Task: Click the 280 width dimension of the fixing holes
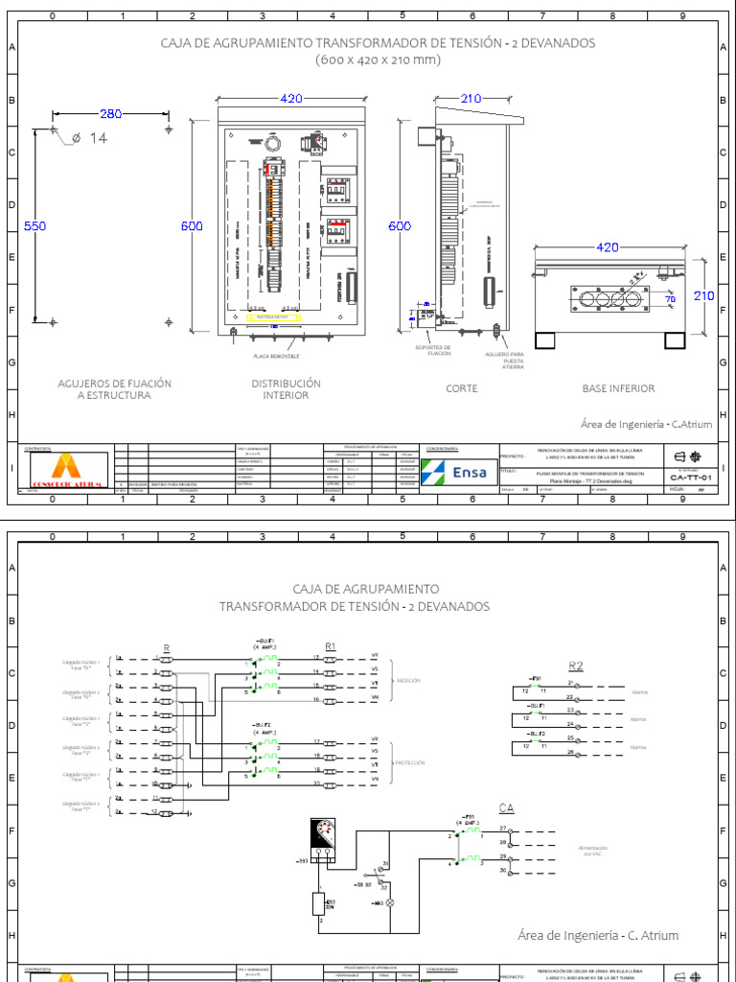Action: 110,114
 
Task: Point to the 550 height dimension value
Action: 34,226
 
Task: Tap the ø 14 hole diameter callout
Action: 98,138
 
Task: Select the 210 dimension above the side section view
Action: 471,99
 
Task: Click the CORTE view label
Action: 461,388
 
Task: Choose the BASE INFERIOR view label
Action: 618,388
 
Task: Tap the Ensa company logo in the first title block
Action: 459,472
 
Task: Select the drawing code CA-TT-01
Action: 690,477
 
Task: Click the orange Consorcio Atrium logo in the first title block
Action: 64,470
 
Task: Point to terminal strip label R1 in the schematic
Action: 331,646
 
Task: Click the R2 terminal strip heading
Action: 575,666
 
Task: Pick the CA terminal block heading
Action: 506,808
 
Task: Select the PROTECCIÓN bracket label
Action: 409,762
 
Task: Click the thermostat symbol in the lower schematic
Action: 323,841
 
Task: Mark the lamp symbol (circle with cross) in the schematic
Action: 390,903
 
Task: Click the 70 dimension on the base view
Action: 670,300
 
